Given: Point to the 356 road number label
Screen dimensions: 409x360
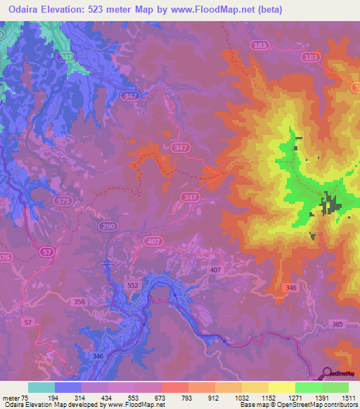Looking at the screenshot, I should (79, 301).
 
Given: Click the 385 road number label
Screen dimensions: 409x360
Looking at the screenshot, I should (337, 323).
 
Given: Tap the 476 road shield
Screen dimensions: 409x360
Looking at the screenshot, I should (5, 257).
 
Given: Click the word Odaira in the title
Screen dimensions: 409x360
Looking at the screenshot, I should (24, 8).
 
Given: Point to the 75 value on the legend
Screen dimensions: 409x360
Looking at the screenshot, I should (27, 397).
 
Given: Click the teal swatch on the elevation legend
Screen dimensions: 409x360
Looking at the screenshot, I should (41, 387).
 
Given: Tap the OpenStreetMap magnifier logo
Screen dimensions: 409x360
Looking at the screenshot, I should (326, 373).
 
